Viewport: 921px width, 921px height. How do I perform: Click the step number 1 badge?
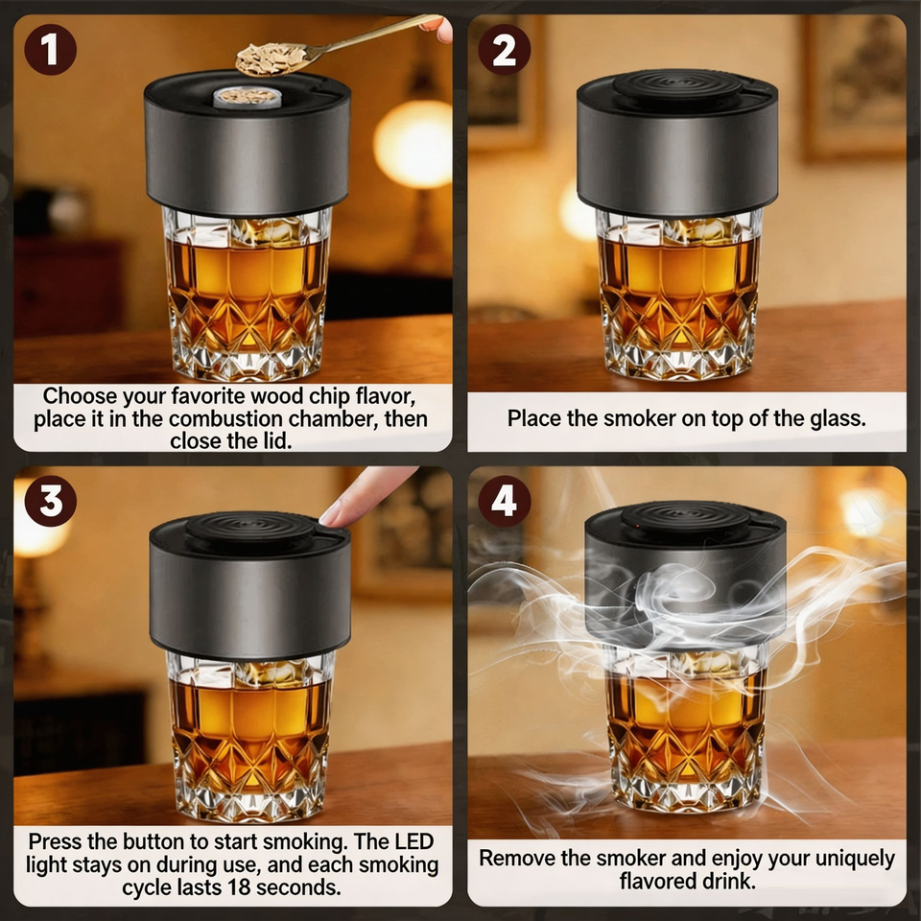(x=51, y=49)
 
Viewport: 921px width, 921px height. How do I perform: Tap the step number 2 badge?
(x=504, y=49)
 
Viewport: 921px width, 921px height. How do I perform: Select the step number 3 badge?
(x=51, y=501)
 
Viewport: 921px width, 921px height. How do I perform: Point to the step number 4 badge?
(x=504, y=501)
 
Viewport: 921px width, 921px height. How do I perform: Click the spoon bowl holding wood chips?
(x=272, y=59)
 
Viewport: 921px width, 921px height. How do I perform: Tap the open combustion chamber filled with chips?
(x=248, y=97)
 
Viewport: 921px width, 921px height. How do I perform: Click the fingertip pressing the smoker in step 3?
(x=331, y=517)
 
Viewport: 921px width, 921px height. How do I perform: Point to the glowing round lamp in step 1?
(x=413, y=144)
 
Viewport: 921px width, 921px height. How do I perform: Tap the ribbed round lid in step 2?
(x=677, y=85)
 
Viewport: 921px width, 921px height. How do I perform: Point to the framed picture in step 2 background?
(x=855, y=88)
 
